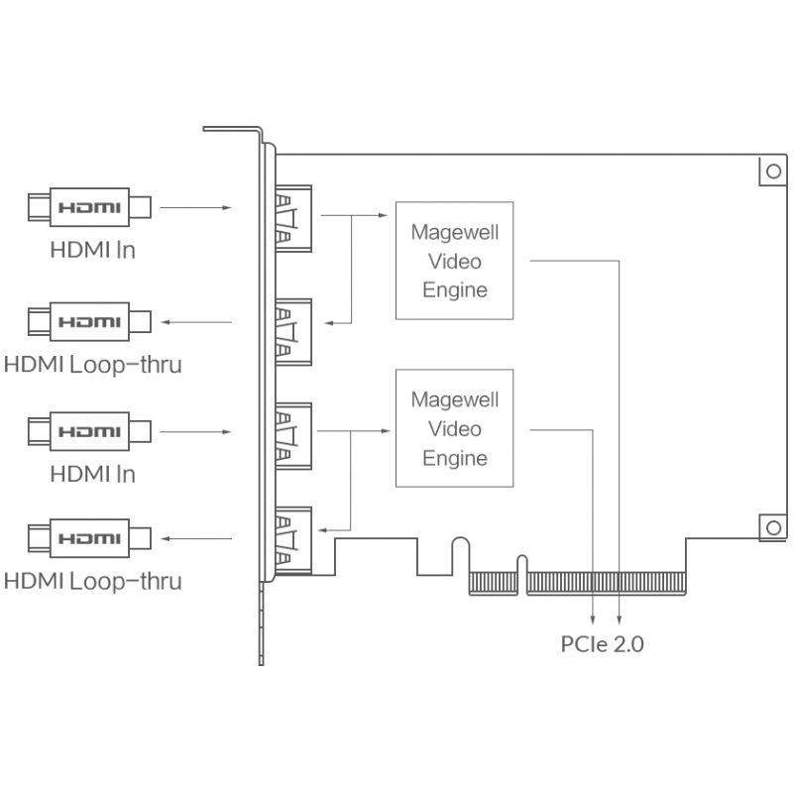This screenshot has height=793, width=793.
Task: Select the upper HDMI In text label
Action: [92, 249]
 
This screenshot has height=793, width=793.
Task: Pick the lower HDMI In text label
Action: [92, 474]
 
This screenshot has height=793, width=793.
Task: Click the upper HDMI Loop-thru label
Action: [92, 364]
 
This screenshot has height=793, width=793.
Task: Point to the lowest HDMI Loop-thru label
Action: [92, 580]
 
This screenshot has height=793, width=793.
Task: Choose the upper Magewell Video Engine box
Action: [455, 261]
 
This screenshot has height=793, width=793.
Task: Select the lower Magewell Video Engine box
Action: [455, 428]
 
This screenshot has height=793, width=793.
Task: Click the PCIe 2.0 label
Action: [603, 644]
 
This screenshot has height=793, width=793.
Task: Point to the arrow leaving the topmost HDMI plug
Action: [195, 208]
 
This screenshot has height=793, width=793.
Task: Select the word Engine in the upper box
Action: [455, 289]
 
